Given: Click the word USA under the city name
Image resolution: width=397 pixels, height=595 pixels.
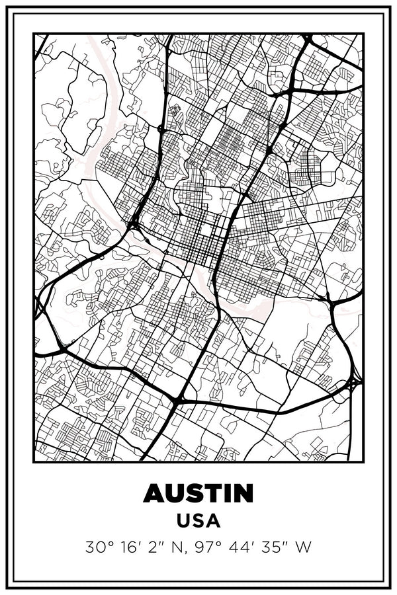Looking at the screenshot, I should click(198, 521).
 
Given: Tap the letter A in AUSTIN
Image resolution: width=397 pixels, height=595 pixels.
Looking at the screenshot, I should click(154, 493).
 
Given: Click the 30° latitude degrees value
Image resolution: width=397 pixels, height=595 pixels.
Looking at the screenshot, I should click(98, 547).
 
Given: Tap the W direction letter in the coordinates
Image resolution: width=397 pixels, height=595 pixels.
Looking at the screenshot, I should click(303, 547).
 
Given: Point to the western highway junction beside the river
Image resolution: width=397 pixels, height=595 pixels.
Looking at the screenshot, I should click(134, 225).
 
